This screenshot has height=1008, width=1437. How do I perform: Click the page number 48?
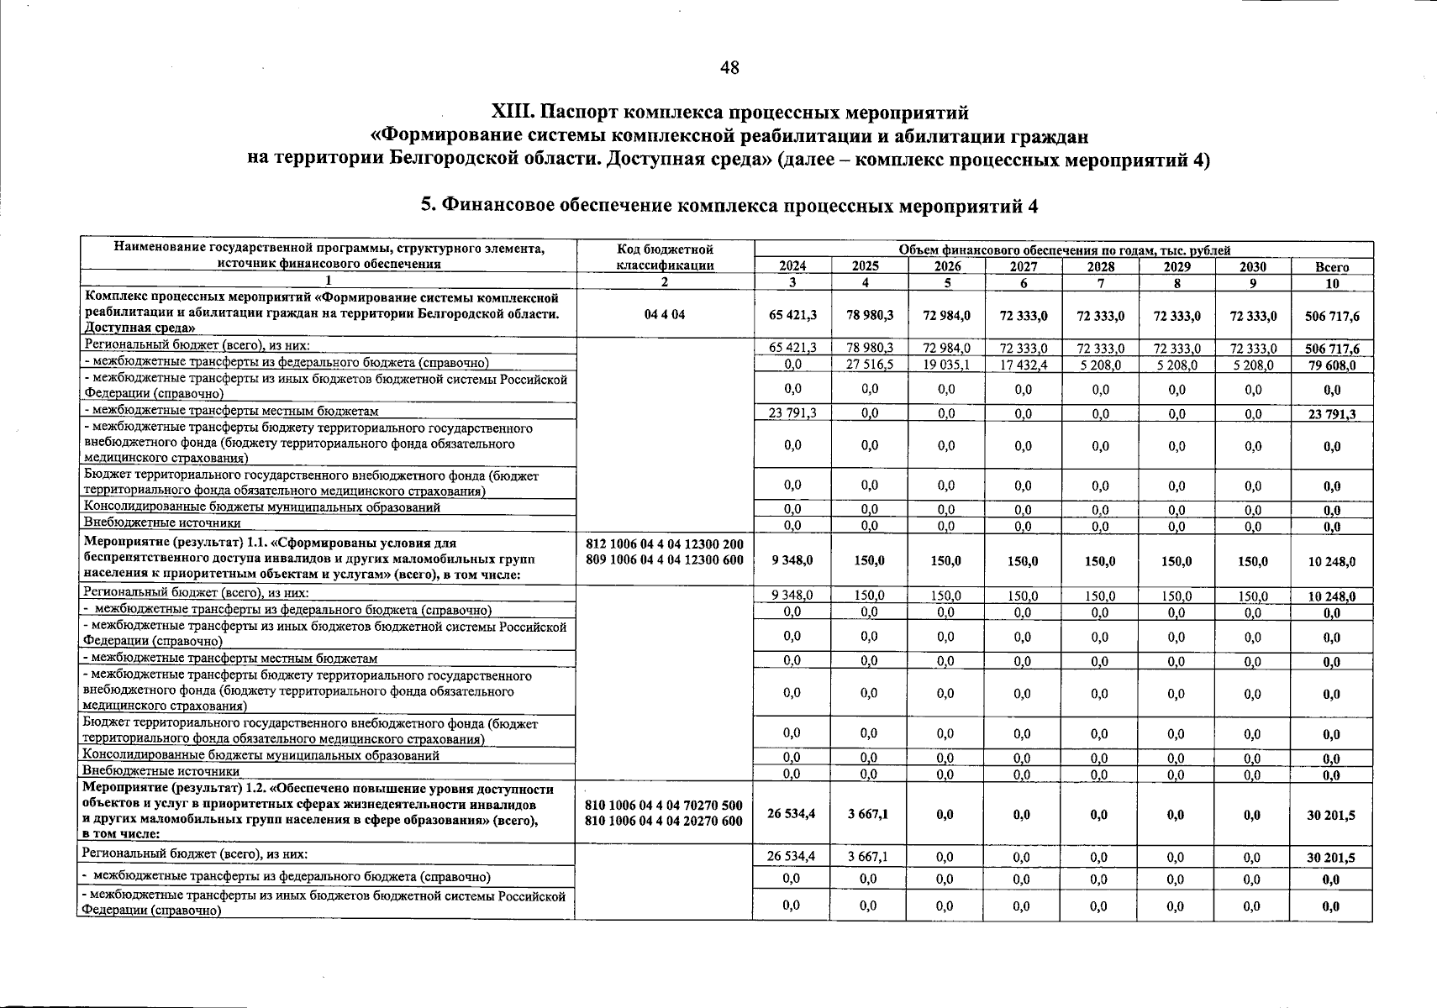point(729,68)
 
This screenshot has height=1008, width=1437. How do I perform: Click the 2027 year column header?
point(1023,266)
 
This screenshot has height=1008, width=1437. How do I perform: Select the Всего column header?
point(1331,267)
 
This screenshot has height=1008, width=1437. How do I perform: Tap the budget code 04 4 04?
point(665,315)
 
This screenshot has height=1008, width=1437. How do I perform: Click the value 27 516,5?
point(870,365)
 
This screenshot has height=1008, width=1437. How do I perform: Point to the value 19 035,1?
point(946,365)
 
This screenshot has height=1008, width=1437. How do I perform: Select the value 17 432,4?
point(1023,365)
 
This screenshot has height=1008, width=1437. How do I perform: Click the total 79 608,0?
point(1331,365)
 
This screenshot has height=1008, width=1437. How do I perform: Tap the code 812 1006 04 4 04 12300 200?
point(665,545)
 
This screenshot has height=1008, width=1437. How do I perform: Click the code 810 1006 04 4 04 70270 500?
point(664,806)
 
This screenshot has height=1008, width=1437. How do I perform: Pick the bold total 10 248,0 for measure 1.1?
point(1331,562)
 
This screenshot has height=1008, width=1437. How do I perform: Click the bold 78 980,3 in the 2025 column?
point(870,316)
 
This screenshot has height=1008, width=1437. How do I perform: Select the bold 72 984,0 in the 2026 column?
point(946,316)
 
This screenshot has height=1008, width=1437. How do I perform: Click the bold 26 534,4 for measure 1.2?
point(792,814)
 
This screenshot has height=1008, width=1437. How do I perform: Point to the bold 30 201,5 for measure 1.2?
point(1331,815)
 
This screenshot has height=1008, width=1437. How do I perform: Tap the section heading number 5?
point(426,205)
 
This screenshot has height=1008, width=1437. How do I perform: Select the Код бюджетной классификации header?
point(665,257)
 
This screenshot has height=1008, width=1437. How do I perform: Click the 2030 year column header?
point(1252,266)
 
